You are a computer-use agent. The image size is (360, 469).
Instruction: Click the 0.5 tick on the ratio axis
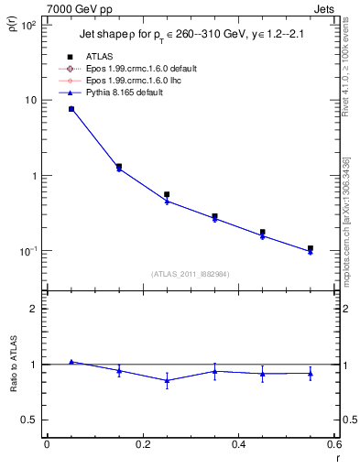[x=31, y=420]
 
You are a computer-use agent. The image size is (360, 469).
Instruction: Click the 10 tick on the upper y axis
[x=29, y=100]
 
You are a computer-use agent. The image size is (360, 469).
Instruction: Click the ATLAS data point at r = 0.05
[x=71, y=109]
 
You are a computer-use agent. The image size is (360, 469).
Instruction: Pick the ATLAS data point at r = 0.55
[x=311, y=248]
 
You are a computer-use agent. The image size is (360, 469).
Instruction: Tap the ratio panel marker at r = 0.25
[x=167, y=380]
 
